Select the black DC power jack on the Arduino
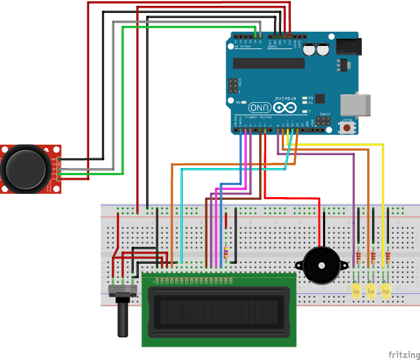tap(350, 46)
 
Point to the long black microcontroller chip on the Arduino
tap(268, 63)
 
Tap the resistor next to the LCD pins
tap(226, 253)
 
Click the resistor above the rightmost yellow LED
tap(387, 259)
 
